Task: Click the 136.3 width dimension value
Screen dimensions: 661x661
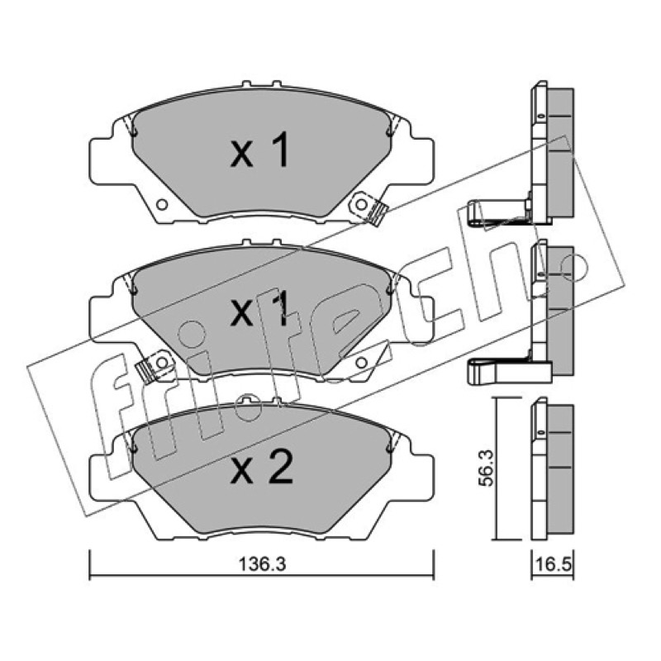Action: (262, 564)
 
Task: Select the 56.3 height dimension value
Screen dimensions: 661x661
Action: (486, 468)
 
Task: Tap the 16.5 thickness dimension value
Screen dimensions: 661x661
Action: (553, 564)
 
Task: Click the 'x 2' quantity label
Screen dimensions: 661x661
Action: (261, 467)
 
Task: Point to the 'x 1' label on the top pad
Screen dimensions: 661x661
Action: (260, 150)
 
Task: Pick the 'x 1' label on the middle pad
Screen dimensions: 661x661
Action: (260, 309)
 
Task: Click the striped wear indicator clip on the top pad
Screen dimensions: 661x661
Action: (377, 214)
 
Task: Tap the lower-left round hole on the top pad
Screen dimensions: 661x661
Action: (162, 205)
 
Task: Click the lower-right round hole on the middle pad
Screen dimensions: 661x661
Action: (361, 363)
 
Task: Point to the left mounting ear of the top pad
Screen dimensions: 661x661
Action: (101, 161)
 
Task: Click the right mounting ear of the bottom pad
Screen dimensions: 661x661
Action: (422, 477)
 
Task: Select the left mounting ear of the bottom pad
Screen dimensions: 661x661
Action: (101, 477)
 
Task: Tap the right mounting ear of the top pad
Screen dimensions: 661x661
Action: (422, 161)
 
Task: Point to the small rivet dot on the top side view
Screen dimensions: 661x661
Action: (540, 115)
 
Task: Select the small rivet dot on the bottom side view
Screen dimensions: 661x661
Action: (540, 432)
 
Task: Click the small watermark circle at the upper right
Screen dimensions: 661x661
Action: (575, 266)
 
